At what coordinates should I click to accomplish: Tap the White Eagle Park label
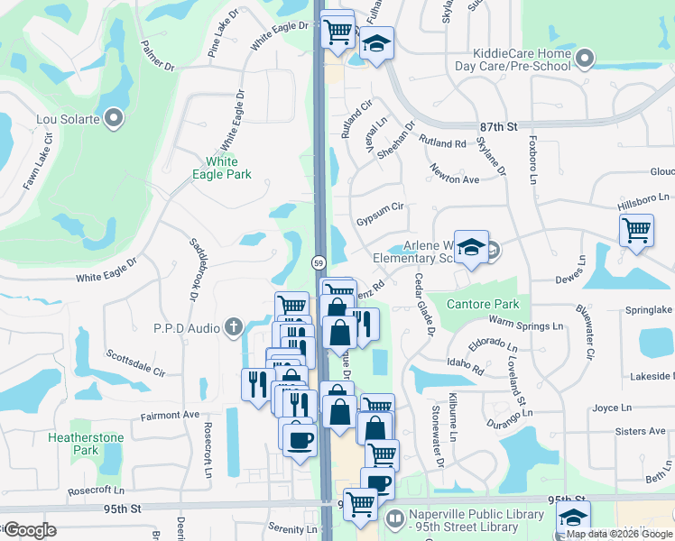click(222, 168)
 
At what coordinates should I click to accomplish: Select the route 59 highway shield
click(319, 262)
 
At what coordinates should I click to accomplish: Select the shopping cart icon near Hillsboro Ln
click(637, 230)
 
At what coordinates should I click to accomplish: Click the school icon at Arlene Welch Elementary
click(470, 248)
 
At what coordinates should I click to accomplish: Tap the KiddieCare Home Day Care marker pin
click(584, 60)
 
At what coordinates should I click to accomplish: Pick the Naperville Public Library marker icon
click(395, 520)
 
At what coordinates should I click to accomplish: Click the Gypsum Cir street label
click(379, 206)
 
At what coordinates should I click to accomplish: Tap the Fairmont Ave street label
click(169, 416)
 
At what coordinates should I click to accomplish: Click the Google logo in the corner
click(30, 530)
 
